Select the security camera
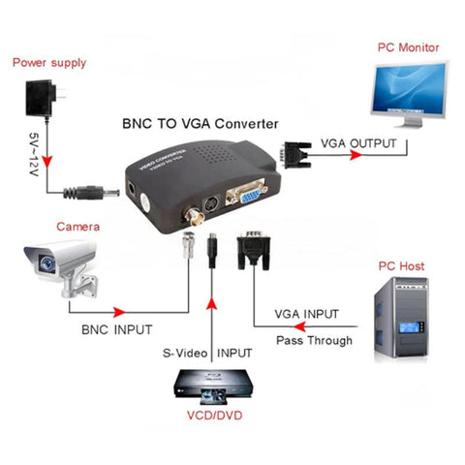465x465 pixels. coord(62,263)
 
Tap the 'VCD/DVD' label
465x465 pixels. coord(214,422)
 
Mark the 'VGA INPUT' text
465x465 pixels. coord(307,314)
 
